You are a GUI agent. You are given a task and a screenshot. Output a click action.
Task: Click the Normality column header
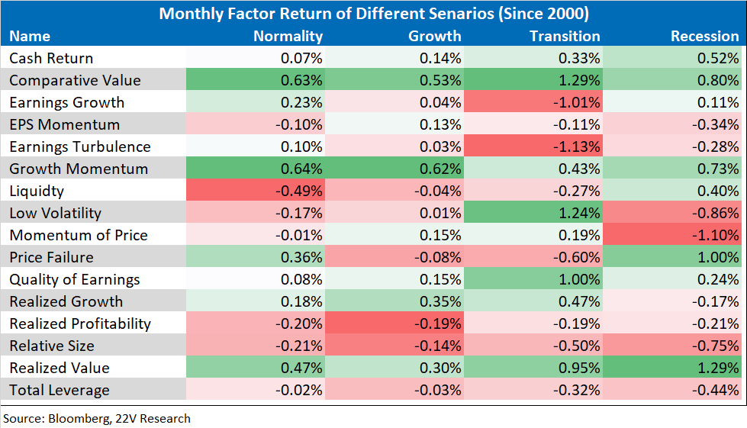(x=288, y=36)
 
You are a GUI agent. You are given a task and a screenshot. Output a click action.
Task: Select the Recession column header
(x=704, y=36)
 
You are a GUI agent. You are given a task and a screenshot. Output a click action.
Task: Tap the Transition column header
(x=565, y=36)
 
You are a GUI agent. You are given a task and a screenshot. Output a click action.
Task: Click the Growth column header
(x=434, y=36)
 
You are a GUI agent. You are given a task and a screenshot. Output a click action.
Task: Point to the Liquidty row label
(x=37, y=191)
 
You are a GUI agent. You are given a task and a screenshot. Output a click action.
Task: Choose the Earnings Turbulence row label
(x=80, y=146)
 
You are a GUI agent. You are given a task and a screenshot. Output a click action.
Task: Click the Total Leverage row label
(x=60, y=391)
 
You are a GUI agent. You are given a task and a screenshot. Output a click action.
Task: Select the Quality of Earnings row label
(x=74, y=279)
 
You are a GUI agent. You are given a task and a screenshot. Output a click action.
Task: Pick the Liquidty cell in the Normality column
(x=256, y=191)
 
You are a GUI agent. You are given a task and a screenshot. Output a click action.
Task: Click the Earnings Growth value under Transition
(x=533, y=102)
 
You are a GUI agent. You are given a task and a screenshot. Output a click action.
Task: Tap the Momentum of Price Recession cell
(x=671, y=235)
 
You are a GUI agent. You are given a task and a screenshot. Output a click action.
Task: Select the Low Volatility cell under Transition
(x=533, y=213)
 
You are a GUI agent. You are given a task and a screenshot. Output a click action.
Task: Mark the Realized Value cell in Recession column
(x=671, y=368)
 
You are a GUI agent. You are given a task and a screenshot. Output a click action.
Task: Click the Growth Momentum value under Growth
(x=394, y=169)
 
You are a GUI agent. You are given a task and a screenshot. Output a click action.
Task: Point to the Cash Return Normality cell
(x=256, y=58)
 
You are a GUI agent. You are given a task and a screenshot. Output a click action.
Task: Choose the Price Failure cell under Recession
(x=671, y=257)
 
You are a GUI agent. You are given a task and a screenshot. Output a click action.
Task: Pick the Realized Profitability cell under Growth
(x=394, y=323)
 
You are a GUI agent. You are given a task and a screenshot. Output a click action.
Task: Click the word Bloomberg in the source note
(x=80, y=419)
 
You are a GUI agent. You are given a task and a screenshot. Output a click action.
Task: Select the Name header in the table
(x=30, y=36)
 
